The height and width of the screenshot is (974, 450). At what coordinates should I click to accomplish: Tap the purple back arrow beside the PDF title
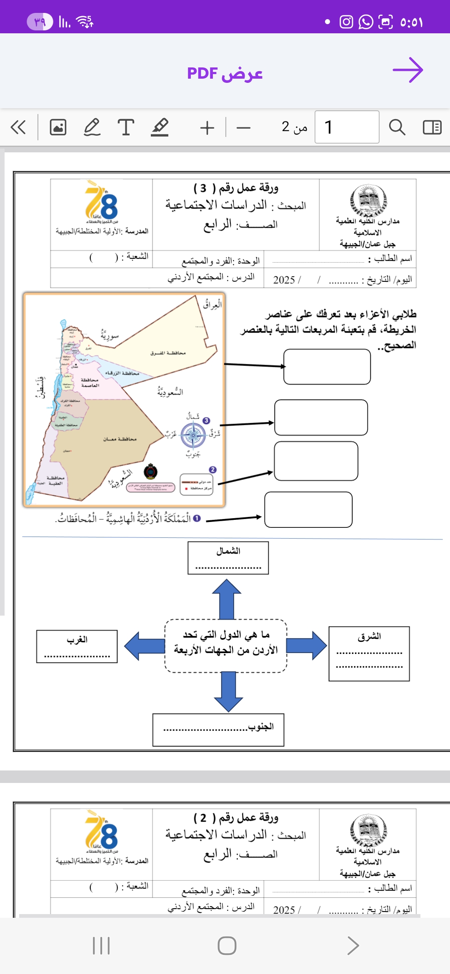pyautogui.click(x=408, y=70)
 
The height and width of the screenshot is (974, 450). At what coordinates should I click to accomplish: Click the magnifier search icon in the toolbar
pyautogui.click(x=397, y=127)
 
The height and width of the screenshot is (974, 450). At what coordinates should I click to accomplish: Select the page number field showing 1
pyautogui.click(x=347, y=127)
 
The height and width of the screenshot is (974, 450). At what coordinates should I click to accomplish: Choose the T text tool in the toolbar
pyautogui.click(x=126, y=127)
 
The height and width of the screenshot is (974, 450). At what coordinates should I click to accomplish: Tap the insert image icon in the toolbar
pyautogui.click(x=58, y=127)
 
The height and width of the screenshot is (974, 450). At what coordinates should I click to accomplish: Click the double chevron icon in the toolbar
pyautogui.click(x=18, y=127)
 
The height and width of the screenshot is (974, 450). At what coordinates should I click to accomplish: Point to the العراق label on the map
pyautogui.click(x=212, y=304)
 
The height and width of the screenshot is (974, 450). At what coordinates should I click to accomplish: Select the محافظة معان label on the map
pyautogui.click(x=120, y=439)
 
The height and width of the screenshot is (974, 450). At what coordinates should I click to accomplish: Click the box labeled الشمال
pyautogui.click(x=228, y=558)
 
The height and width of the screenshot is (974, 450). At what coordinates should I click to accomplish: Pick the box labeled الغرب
pyautogui.click(x=77, y=646)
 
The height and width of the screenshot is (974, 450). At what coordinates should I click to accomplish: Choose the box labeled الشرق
pyautogui.click(x=369, y=653)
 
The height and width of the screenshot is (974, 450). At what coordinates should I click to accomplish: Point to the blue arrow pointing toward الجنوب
pyautogui.click(x=228, y=691)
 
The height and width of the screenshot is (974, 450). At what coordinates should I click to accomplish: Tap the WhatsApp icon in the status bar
pyautogui.click(x=366, y=22)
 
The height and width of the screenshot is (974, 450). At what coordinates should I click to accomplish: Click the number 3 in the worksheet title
pyautogui.click(x=203, y=189)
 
